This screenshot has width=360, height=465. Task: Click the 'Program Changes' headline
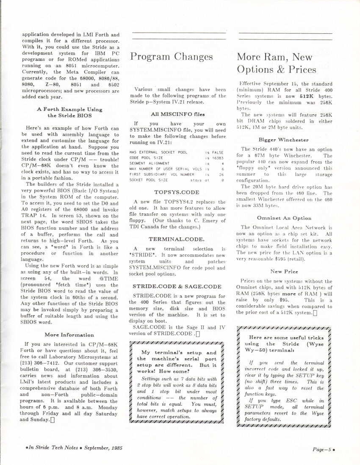[x=171, y=57]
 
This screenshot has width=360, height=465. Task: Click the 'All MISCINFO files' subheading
[x=177, y=114]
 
